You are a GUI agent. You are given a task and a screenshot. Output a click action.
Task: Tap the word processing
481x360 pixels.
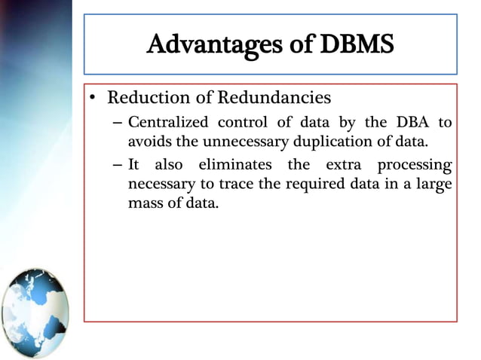point(415,165)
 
